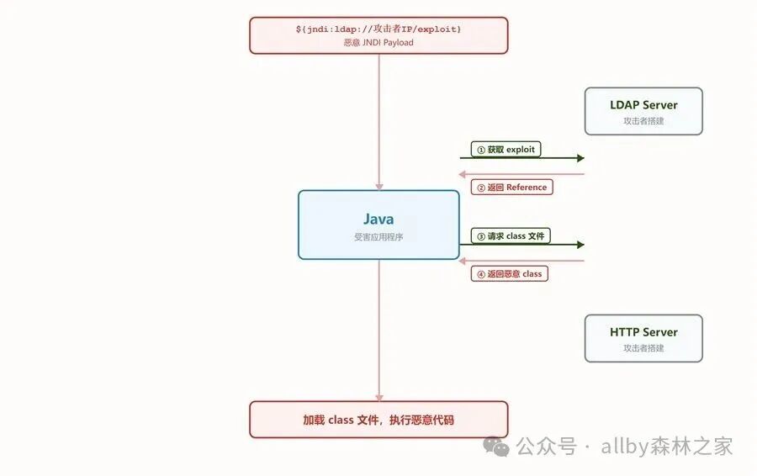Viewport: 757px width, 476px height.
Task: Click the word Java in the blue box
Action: [378, 219]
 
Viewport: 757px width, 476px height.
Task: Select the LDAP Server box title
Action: [643, 105]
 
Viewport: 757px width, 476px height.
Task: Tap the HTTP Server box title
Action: [643, 332]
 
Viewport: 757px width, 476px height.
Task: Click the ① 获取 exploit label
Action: [506, 150]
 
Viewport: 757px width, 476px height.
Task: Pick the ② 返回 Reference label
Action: [511, 188]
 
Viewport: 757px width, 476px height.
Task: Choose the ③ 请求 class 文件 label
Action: [511, 236]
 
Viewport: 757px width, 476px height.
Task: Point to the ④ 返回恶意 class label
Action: [510, 273]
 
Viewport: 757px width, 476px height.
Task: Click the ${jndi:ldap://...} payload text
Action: [378, 29]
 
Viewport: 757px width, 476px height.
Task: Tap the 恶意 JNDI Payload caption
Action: [378, 43]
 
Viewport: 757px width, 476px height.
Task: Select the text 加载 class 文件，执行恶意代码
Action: [378, 420]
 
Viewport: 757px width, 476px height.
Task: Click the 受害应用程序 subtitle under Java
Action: [378, 237]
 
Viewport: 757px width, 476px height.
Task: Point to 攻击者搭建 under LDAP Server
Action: [643, 121]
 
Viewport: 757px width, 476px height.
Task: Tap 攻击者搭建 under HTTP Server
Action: [643, 348]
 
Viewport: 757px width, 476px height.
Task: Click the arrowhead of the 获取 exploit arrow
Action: [580, 158]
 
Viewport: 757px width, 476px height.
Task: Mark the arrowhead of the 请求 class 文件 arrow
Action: [580, 245]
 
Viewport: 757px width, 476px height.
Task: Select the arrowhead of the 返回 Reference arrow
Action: [462, 174]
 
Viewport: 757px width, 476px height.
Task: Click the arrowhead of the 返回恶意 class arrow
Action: [462, 262]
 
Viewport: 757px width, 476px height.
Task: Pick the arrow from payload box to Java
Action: [379, 122]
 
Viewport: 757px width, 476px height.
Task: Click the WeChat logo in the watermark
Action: [496, 446]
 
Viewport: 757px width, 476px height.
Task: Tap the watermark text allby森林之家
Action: [667, 446]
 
